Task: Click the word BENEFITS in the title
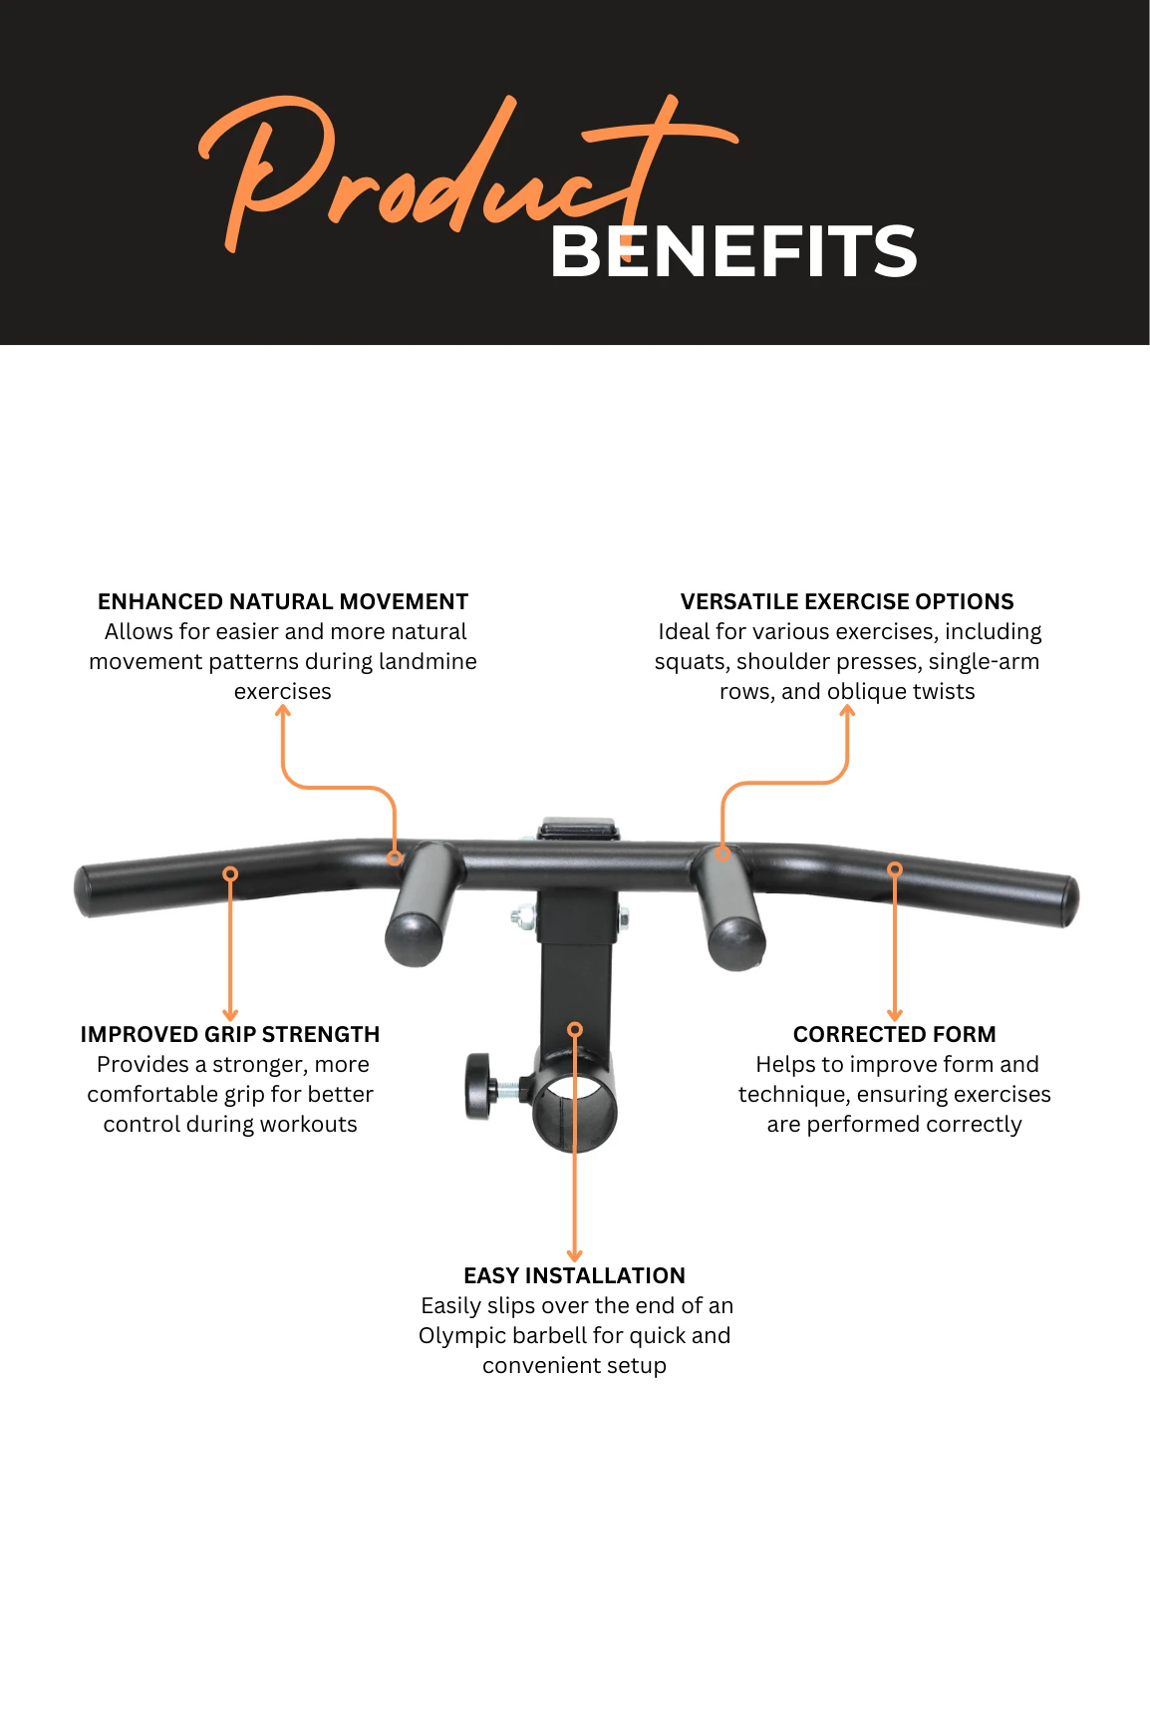(x=733, y=250)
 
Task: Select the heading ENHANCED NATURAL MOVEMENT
(x=283, y=601)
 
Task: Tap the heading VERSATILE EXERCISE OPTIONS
(x=847, y=601)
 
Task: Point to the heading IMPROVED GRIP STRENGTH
(x=230, y=1034)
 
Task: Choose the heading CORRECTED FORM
(x=895, y=1034)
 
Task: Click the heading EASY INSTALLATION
(x=575, y=1275)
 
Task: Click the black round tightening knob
(x=479, y=1086)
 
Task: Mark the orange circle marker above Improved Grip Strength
(x=230, y=873)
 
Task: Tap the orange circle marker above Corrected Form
(x=895, y=869)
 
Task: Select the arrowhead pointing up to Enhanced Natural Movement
(x=283, y=711)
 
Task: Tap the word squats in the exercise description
(x=692, y=662)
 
